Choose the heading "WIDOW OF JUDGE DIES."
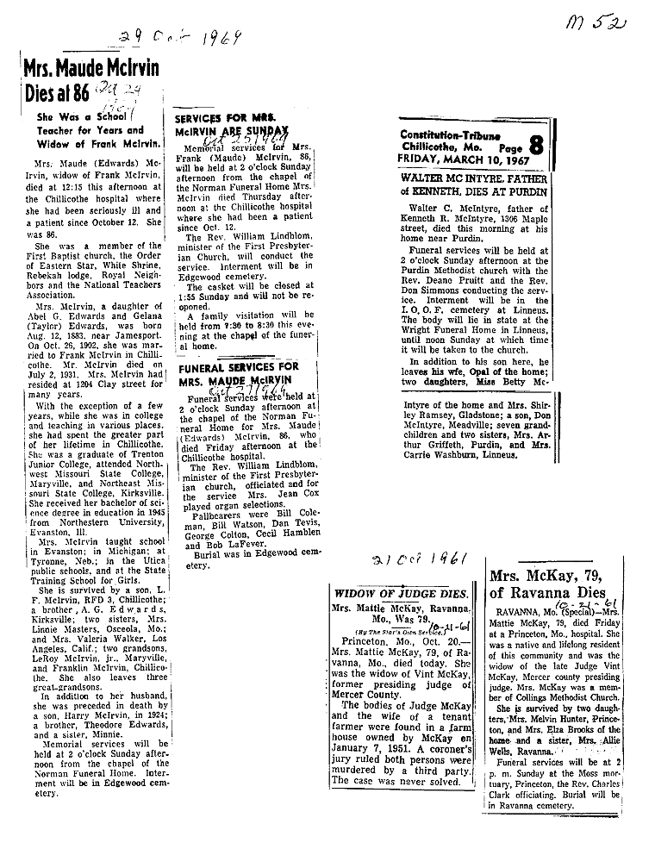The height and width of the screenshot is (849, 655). (x=401, y=594)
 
